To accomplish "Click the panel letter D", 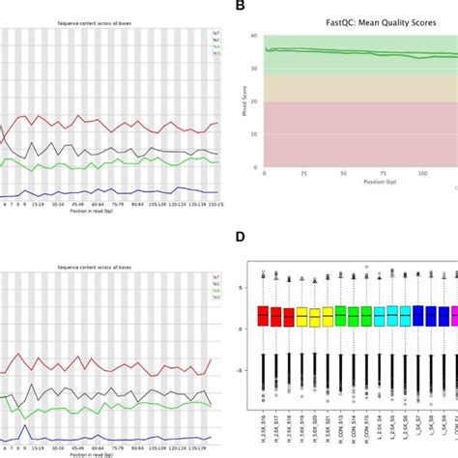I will coord(239,236).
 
